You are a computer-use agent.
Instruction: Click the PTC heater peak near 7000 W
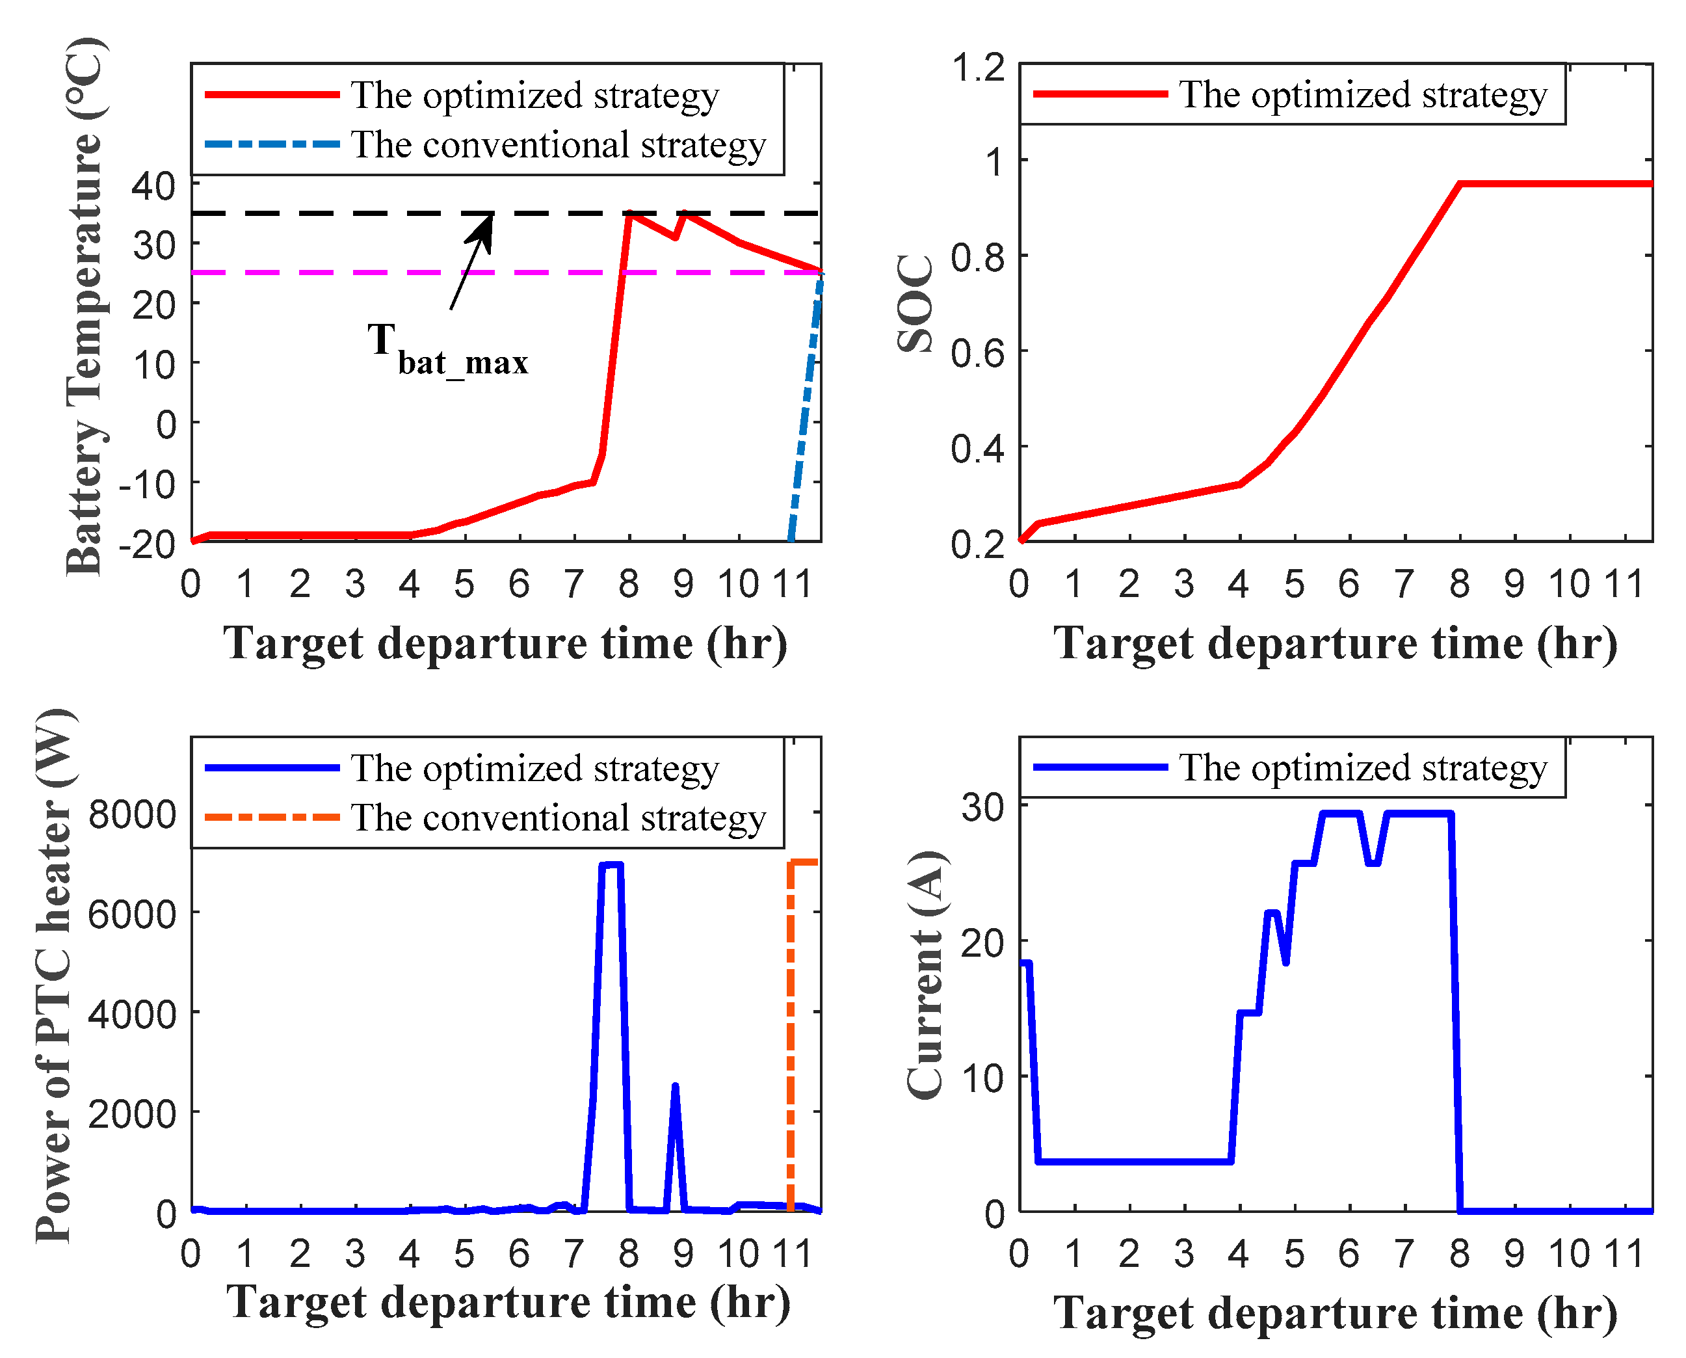611,865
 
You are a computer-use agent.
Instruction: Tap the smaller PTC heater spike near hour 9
675,1087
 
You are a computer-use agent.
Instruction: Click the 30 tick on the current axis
983,806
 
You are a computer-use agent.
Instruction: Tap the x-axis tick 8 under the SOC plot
1459,584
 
